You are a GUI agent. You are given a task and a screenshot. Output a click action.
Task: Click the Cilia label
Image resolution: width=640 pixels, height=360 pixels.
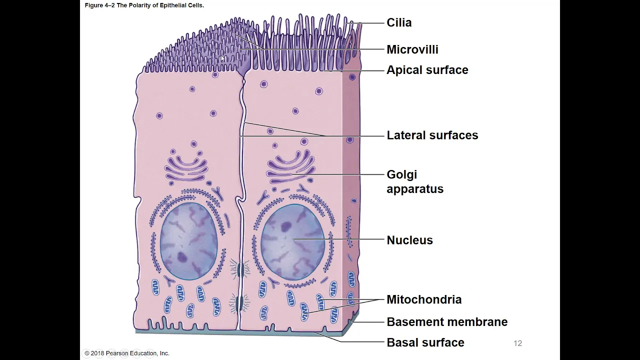coord(399,22)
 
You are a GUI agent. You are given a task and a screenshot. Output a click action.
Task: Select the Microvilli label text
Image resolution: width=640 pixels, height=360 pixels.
coord(412,49)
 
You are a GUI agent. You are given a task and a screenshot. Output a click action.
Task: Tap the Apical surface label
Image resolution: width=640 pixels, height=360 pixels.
coord(427,70)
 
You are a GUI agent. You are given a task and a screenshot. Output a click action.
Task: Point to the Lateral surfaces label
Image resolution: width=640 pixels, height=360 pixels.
coord(432,135)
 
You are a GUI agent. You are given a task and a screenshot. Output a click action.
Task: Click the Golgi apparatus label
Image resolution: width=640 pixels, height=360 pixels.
coord(414,181)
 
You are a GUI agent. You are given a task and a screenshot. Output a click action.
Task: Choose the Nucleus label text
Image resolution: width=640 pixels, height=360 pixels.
coord(409,240)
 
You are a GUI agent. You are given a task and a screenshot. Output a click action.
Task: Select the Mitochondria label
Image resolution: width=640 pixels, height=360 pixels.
coord(424,299)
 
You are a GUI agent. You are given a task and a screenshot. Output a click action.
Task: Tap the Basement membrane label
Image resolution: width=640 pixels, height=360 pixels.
coord(447,322)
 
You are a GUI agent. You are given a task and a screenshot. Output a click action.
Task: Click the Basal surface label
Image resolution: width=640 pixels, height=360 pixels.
coord(425,342)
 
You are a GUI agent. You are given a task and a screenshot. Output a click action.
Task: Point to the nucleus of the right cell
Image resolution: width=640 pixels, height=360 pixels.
coord(293,241)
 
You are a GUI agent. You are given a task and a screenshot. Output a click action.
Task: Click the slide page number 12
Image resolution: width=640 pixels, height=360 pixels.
coord(517,343)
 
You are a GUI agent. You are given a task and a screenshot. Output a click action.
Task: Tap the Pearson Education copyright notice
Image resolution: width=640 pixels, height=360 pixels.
coord(127,353)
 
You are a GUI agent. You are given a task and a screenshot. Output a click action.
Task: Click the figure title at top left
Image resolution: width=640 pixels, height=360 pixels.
coord(144,5)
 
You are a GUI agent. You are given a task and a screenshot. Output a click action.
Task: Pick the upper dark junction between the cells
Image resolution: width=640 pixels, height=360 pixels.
coord(240,270)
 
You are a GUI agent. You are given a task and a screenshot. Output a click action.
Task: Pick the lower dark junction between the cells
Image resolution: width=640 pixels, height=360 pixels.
coord(240,302)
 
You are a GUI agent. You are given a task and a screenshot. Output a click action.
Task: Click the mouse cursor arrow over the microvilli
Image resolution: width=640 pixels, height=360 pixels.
coord(223,58)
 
